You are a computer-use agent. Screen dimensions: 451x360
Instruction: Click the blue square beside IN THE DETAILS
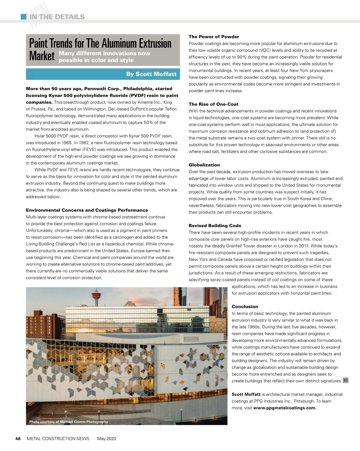23,17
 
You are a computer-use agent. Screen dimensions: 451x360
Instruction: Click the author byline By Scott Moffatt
151,74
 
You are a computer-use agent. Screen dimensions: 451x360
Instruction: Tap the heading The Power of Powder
214,37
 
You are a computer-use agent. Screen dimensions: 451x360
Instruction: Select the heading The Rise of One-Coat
213,104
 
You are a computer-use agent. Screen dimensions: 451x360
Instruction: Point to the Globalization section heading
204,165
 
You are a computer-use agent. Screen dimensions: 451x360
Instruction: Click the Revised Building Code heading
215,225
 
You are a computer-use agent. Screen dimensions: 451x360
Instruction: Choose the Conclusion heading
244,306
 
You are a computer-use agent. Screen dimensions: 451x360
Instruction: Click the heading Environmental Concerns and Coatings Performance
87,210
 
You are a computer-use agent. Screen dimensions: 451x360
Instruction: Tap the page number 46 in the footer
18,438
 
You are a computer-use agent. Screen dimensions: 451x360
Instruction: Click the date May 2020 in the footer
106,438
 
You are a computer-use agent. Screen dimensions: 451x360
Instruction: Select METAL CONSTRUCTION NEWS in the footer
58,438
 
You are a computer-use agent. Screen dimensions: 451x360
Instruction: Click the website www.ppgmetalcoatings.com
285,408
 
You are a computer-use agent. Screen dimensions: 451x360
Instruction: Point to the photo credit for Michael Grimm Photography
68,422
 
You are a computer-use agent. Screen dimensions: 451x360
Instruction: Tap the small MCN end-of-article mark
346,381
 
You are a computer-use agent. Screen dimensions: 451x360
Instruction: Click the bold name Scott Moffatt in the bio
246,394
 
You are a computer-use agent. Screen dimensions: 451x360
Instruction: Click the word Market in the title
42,56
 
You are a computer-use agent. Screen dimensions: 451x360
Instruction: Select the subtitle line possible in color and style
96,60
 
